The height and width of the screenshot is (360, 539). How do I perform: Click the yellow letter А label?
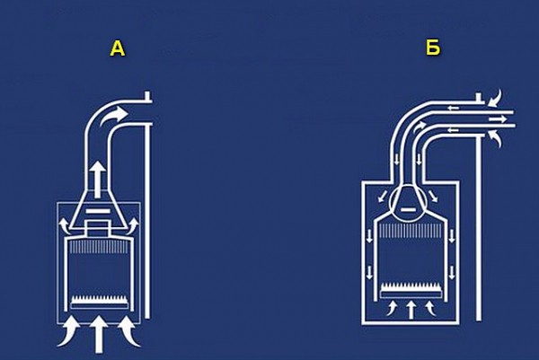pyautogui.click(x=118, y=48)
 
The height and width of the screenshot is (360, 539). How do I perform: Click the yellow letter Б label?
pyautogui.click(x=433, y=48)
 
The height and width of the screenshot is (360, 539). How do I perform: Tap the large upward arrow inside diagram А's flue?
pyautogui.click(x=99, y=179)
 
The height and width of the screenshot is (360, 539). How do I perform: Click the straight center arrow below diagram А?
pyautogui.click(x=99, y=334)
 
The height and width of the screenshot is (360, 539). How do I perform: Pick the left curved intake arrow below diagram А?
pyautogui.click(x=69, y=331)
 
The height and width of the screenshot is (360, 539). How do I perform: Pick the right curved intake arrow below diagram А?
pyautogui.click(x=129, y=331)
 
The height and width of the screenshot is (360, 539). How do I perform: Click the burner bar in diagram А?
pyautogui.click(x=99, y=302)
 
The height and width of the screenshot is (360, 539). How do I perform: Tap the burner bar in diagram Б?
pyautogui.click(x=411, y=290)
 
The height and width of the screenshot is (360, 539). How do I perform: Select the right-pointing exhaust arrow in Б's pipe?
pyautogui.click(x=498, y=119)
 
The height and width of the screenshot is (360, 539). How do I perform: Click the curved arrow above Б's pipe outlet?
pyautogui.click(x=495, y=98)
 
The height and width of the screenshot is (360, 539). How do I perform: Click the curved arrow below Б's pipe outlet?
pyautogui.click(x=495, y=139)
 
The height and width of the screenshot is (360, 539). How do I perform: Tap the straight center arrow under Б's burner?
pyautogui.click(x=411, y=310)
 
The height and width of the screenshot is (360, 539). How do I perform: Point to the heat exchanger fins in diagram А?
pyautogui.click(x=99, y=247)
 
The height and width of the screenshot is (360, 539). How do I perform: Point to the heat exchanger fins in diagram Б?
pyautogui.click(x=411, y=231)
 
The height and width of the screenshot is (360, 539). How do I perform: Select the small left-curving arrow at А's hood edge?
pyautogui.click(x=64, y=225)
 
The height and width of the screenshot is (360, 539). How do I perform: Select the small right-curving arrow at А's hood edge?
pyautogui.click(x=133, y=225)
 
